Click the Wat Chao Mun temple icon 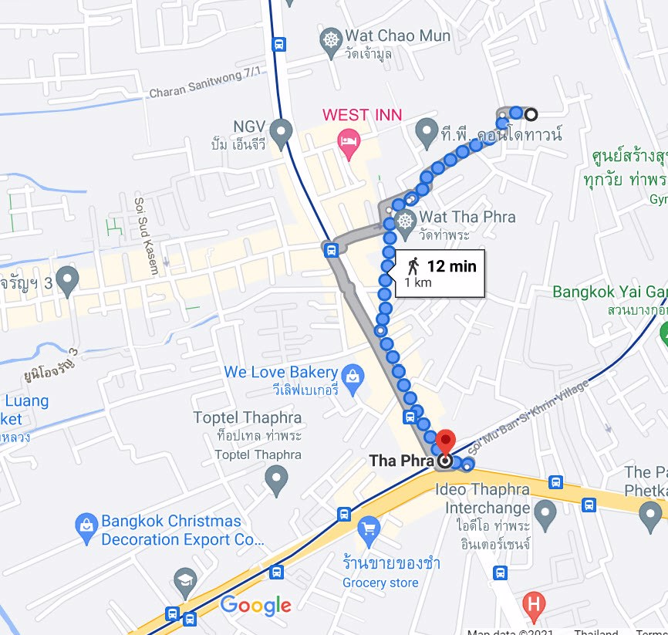pyautogui.click(x=331, y=39)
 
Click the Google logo pyautogui.click(x=256, y=606)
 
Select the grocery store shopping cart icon pyautogui.click(x=369, y=529)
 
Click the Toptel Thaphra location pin pyautogui.click(x=276, y=481)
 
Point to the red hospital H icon pyautogui.click(x=532, y=603)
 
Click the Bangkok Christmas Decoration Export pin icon pyautogui.click(x=86, y=529)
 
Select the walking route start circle pyautogui.click(x=531, y=115)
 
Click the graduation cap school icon pyautogui.click(x=185, y=582)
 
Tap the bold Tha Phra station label pyautogui.click(x=400, y=461)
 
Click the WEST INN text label pyautogui.click(x=362, y=115)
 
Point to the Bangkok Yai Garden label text pyautogui.click(x=609, y=292)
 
